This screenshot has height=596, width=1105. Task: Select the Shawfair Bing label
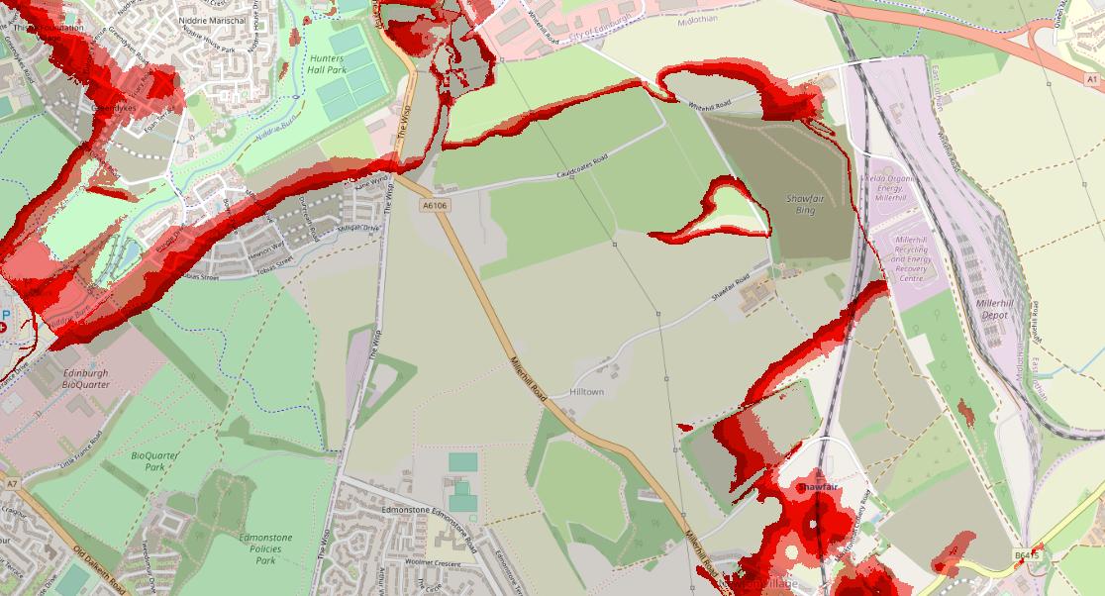point(805,204)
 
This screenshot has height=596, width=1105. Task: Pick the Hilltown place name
point(586,392)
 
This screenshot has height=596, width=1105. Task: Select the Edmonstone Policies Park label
point(265,548)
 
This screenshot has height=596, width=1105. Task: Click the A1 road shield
point(1090,78)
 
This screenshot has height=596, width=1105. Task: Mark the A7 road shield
point(11,484)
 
